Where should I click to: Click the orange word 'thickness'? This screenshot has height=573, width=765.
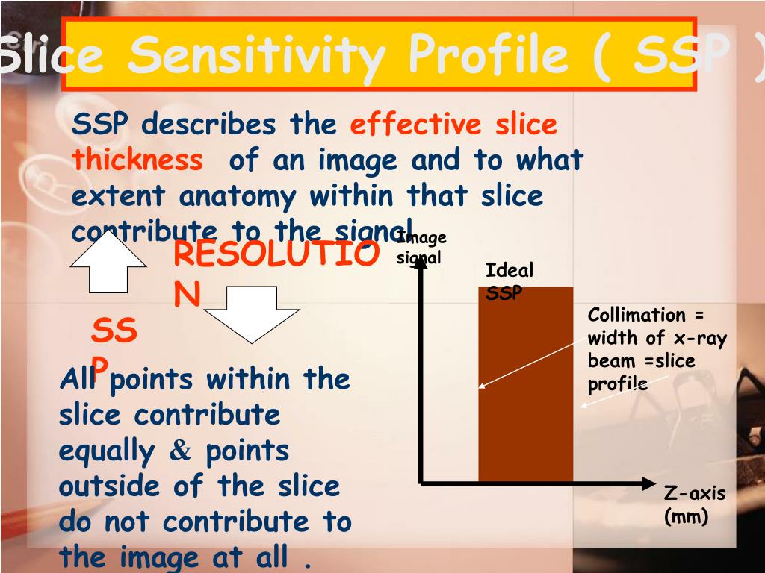137,160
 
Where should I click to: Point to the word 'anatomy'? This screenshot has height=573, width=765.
238,197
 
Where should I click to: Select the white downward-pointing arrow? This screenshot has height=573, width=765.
252,315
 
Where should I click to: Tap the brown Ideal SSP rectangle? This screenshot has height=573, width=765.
525,384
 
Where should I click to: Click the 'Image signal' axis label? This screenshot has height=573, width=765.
421,247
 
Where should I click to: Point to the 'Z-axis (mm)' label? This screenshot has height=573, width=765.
694,504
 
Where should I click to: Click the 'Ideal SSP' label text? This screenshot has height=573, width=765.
509,281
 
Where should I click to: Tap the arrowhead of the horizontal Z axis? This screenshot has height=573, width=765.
649,483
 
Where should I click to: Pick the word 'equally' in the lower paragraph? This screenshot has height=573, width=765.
106,451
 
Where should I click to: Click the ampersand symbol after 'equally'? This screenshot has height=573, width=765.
180,451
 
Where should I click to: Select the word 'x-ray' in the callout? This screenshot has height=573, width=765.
700,338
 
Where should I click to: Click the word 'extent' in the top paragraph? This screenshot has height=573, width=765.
118,196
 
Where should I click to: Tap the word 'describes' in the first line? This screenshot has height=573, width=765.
209,124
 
